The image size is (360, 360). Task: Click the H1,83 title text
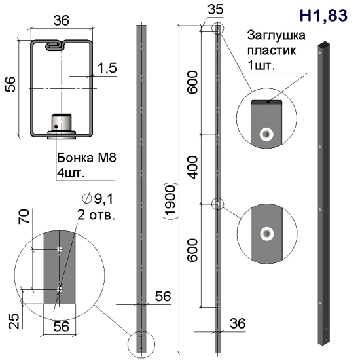(x=323, y=16)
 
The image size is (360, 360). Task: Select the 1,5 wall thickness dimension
(x=107, y=68)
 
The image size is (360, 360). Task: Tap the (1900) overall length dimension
(x=170, y=201)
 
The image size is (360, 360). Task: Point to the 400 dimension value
(x=192, y=168)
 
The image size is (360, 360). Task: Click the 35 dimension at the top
(x=215, y=10)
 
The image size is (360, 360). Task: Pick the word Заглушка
(x=276, y=36)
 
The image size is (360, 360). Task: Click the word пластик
(x=272, y=51)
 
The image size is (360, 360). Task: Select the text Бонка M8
(x=86, y=158)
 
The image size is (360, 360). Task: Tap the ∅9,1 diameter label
(x=98, y=199)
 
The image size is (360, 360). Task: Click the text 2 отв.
(x=96, y=215)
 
